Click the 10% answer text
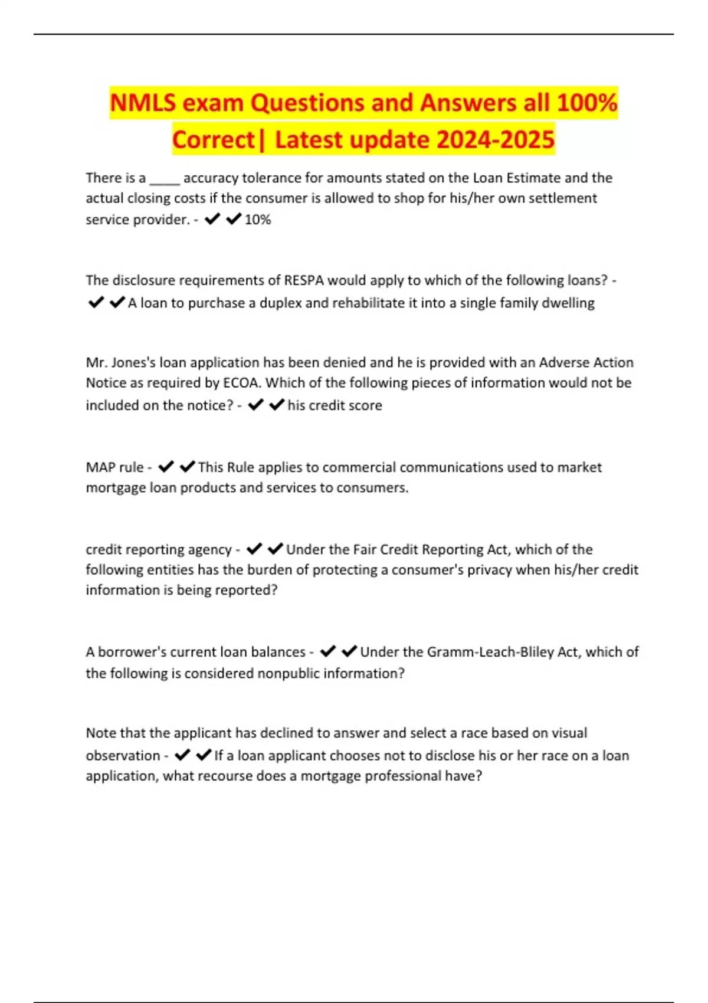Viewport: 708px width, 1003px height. click(x=258, y=219)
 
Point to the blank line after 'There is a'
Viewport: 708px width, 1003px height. click(x=165, y=179)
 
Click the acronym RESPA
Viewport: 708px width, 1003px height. click(x=304, y=280)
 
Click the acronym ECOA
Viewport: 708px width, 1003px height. click(x=241, y=383)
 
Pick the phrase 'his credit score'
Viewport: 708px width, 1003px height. click(x=335, y=405)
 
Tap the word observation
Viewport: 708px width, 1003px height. click(x=123, y=756)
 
